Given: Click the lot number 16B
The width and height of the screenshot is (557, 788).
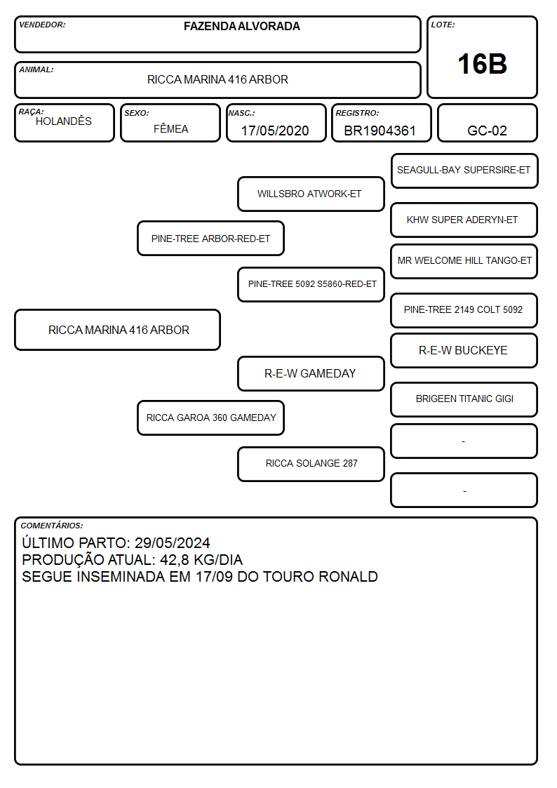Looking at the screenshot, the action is [x=482, y=64].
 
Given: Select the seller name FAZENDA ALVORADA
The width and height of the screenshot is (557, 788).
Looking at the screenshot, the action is [x=241, y=26].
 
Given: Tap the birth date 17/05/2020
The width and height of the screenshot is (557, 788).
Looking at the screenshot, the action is [x=275, y=131].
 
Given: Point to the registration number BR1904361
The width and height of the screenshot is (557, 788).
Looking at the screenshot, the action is [x=380, y=131].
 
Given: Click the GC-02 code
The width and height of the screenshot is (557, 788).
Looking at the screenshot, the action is [x=487, y=131].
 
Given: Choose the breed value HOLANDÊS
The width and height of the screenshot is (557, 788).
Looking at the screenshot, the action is [x=64, y=121].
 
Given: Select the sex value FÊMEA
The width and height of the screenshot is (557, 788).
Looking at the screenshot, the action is [x=170, y=128].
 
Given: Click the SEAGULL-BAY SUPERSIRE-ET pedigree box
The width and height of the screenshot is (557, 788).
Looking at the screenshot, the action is [x=464, y=171].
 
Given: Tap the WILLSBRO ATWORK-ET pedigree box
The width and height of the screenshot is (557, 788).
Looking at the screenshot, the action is [x=311, y=194].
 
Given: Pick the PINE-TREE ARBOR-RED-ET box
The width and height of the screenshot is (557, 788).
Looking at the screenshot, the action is [x=211, y=238].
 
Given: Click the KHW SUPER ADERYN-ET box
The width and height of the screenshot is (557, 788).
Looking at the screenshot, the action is [x=464, y=220].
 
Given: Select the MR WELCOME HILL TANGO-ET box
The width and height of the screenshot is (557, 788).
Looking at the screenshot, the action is [x=464, y=261].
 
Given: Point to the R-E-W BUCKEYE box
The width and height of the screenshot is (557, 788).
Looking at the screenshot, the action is [x=464, y=350].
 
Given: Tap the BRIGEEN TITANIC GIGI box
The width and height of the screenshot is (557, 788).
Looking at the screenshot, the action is [x=464, y=399].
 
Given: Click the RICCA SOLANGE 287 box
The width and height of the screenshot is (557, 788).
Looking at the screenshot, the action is [x=311, y=464].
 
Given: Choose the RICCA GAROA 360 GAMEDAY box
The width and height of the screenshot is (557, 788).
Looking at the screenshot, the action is [x=211, y=418].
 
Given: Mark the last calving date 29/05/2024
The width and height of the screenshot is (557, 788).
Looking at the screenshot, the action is [x=173, y=542].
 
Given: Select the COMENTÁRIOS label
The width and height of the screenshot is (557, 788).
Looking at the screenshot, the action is [x=52, y=526].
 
